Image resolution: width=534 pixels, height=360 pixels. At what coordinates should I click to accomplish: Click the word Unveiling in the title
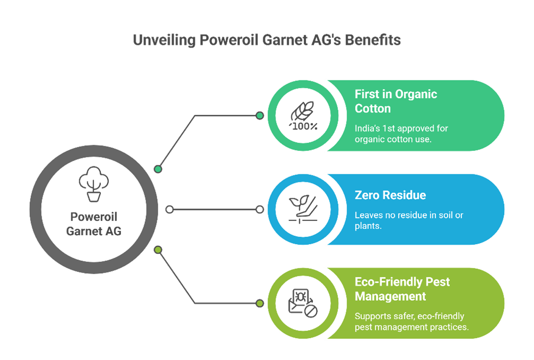[x=164, y=41]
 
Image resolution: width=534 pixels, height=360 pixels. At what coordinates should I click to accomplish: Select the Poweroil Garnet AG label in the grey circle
[x=93, y=224]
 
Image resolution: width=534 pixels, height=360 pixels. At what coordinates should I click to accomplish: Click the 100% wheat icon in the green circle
[x=303, y=116]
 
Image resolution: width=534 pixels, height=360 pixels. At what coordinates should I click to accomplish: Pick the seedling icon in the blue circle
[x=303, y=210]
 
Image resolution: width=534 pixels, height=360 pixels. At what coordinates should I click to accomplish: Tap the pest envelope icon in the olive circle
[x=302, y=303]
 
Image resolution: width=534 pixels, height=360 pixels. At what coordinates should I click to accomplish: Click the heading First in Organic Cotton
[x=396, y=101]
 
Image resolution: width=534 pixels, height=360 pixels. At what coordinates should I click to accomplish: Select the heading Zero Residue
[x=390, y=195]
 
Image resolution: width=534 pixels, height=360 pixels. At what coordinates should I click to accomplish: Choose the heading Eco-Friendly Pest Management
[x=402, y=289]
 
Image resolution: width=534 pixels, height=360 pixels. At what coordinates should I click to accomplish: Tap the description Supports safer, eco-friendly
[x=409, y=316]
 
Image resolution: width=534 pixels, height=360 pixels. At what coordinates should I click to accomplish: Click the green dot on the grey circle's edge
[x=158, y=169]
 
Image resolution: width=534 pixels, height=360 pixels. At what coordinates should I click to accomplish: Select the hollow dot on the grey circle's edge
[x=169, y=210]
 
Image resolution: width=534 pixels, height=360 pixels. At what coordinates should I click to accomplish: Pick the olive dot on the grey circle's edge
[x=158, y=250]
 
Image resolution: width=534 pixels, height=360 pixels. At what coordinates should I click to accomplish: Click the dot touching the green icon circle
[x=260, y=116]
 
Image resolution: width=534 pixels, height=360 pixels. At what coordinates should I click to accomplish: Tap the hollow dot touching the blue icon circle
[x=260, y=210]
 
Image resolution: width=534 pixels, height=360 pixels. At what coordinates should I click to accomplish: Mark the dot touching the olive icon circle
[x=260, y=303]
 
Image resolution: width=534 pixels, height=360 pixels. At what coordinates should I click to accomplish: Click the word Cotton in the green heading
[x=373, y=108]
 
